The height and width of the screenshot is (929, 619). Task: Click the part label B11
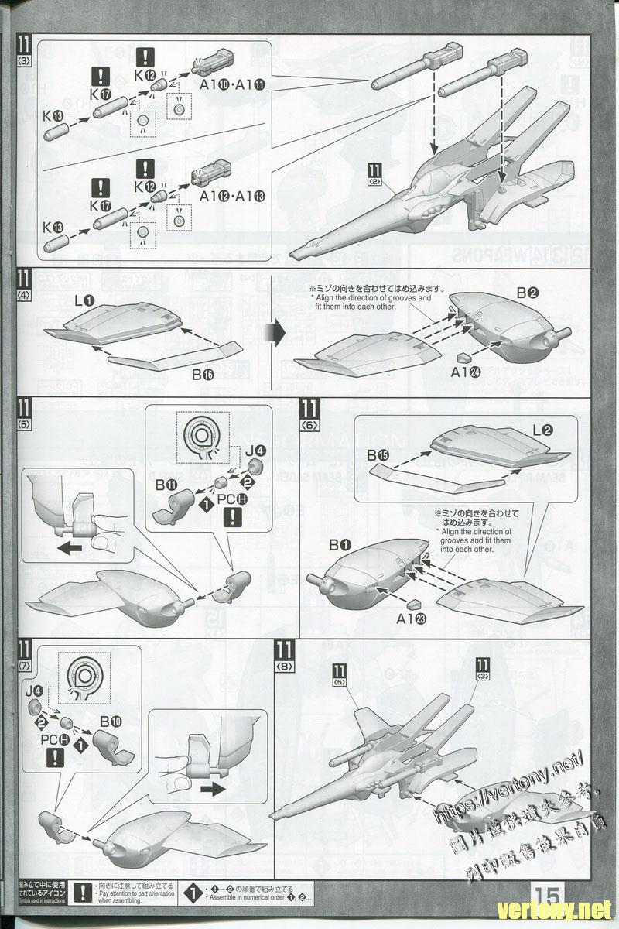click(166, 485)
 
